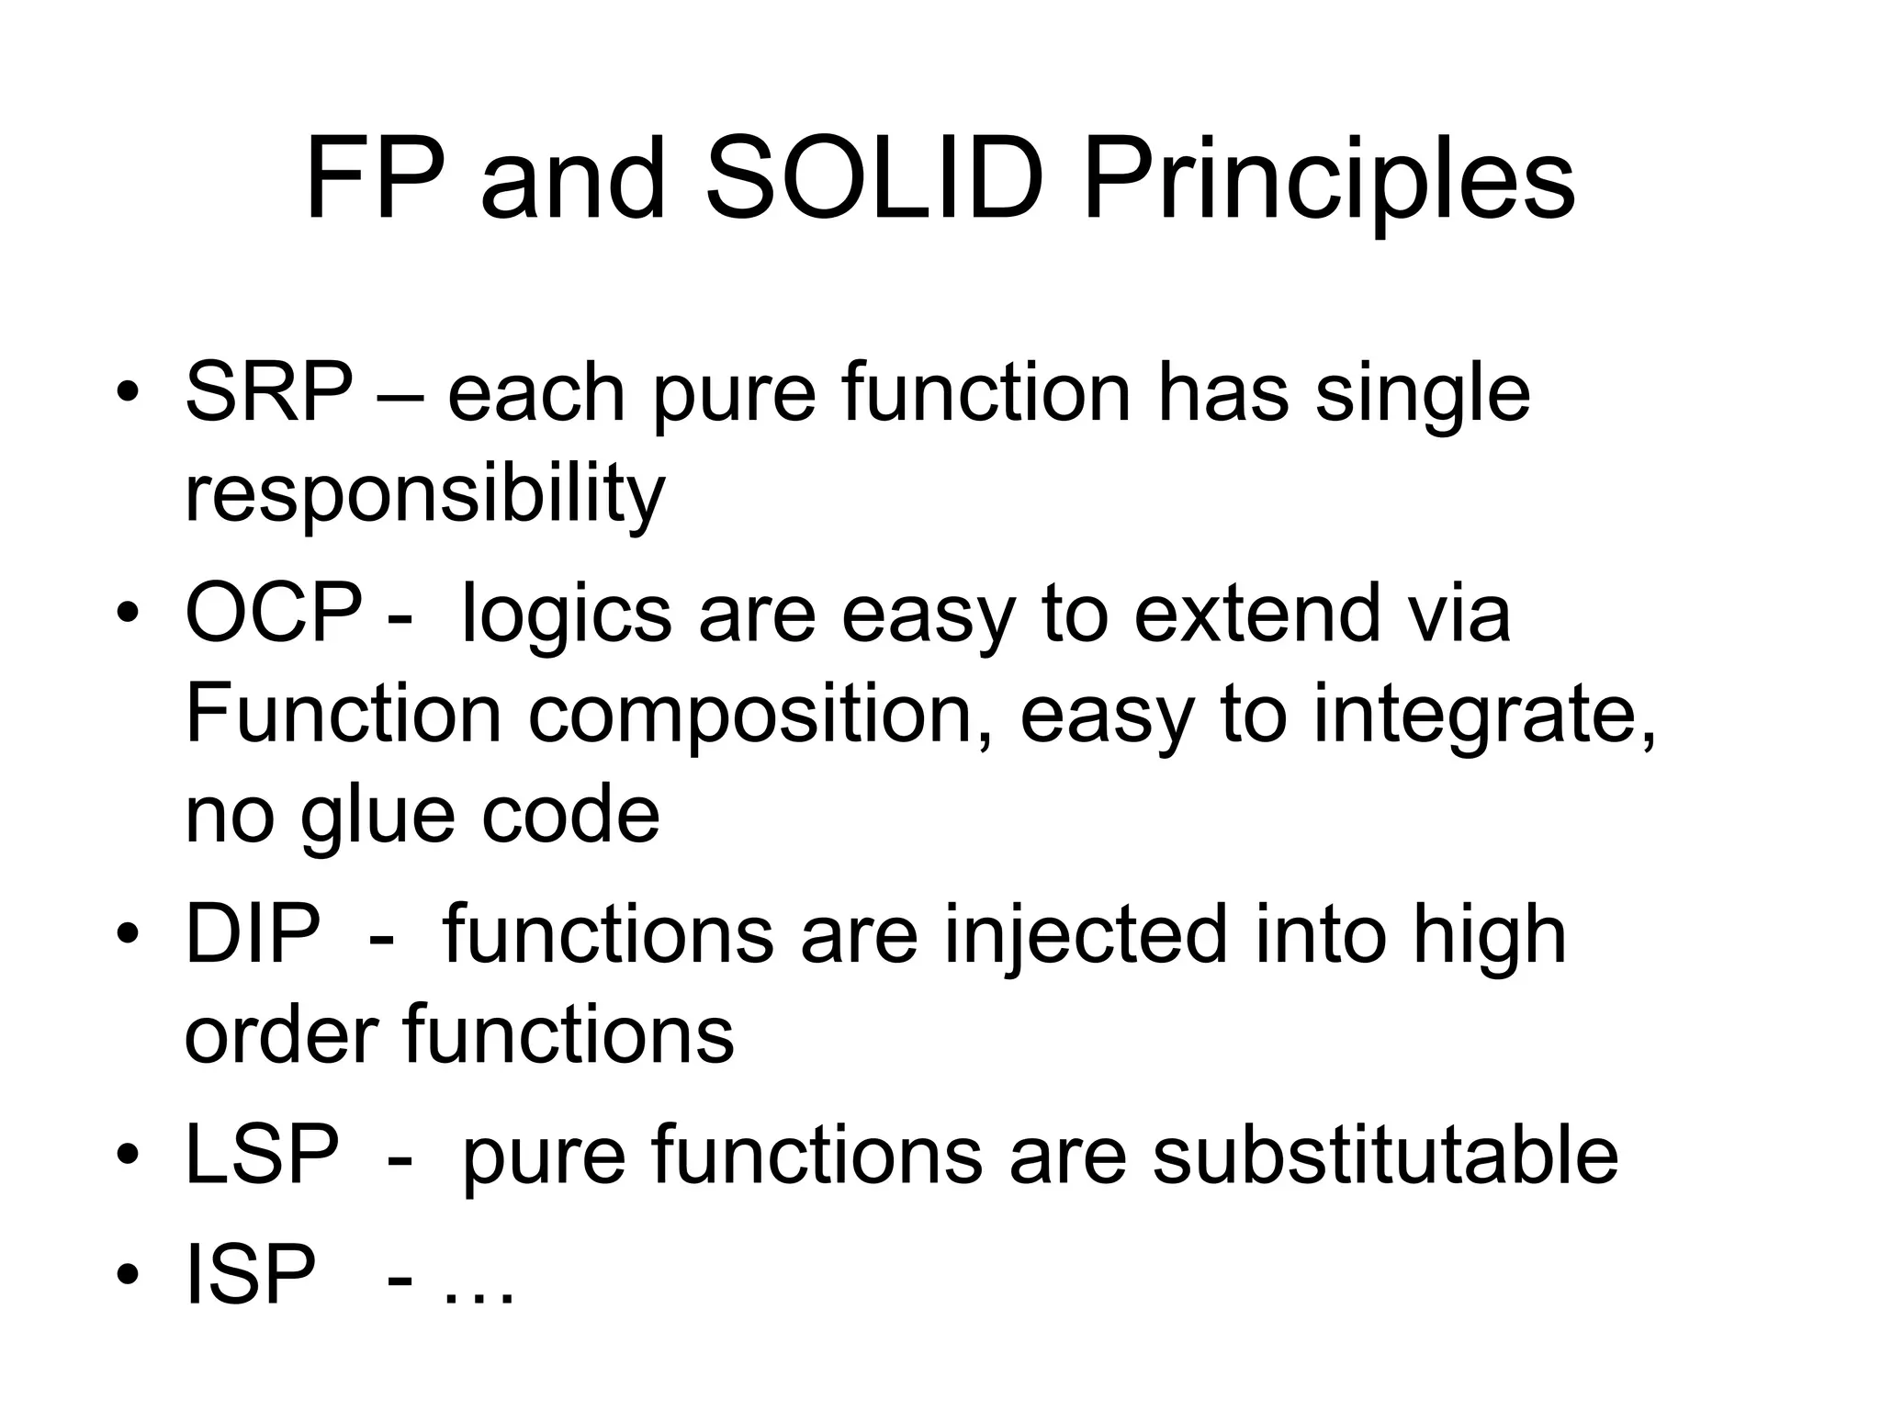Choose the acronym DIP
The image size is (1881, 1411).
(x=253, y=933)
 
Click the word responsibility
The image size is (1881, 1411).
(x=424, y=496)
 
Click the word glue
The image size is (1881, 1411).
(x=377, y=818)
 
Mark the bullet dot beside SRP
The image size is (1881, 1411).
(x=127, y=393)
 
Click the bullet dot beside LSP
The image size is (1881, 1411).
(x=127, y=1155)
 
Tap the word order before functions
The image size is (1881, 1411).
(x=281, y=1034)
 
